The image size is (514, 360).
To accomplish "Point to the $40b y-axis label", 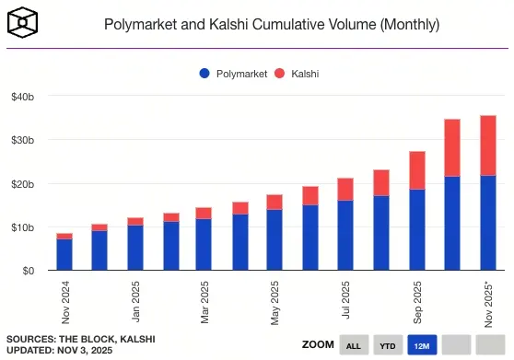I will coord(23,97).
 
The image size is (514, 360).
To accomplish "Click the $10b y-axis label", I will coord(23,227).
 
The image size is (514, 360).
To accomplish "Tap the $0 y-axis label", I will coord(29,271).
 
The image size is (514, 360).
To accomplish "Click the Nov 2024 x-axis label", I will coord(64,301).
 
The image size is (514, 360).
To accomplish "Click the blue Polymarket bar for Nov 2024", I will coord(64,254).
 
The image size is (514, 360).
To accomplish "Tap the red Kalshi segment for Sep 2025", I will coord(416,170).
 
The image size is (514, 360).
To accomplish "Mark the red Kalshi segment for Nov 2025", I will coord(487,145).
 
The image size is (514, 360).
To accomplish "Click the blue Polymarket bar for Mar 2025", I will coord(204,244).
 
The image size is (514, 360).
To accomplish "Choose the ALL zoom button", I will coord(352,346).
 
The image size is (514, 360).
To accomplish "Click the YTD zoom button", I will coord(387,346).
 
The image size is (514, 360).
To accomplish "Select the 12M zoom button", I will coord(422,346).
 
